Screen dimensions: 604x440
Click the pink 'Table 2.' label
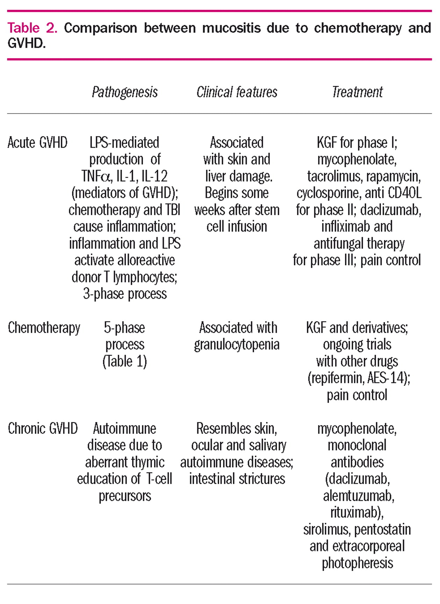32,28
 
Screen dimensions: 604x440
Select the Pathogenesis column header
125,92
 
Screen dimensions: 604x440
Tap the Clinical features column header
237,92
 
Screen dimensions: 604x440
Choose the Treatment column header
357,92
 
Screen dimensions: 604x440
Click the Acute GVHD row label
37,143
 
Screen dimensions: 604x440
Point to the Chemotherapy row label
44,328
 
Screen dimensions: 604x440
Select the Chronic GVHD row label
43,429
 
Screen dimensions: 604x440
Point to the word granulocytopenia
237,345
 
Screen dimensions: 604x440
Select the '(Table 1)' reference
125,361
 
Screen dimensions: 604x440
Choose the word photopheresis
357,563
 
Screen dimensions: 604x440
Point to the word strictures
265,479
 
